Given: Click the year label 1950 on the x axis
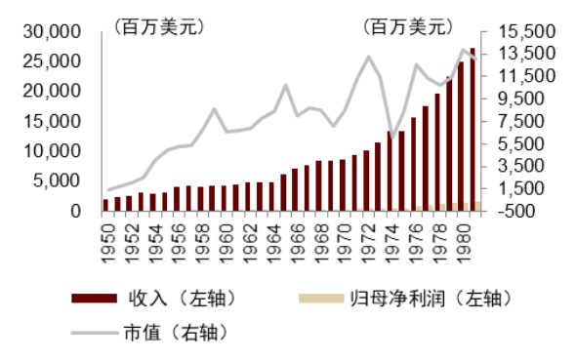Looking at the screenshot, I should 106,237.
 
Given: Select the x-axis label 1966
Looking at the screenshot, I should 295,237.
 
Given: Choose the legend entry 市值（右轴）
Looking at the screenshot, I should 175,333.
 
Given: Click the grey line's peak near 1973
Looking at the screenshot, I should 368,57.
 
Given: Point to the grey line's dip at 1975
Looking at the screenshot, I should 391,137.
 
